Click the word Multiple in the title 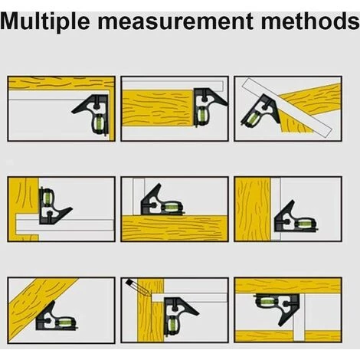point(45,21)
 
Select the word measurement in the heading point(175,21)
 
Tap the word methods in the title point(310,21)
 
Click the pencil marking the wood point(137,287)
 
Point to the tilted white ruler point(287,107)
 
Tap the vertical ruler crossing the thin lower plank point(299,317)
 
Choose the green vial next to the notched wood point(46,198)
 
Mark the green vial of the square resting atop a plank point(169,208)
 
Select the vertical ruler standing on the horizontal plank point(139,197)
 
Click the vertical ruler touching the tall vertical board point(276,209)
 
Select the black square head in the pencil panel point(178,316)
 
